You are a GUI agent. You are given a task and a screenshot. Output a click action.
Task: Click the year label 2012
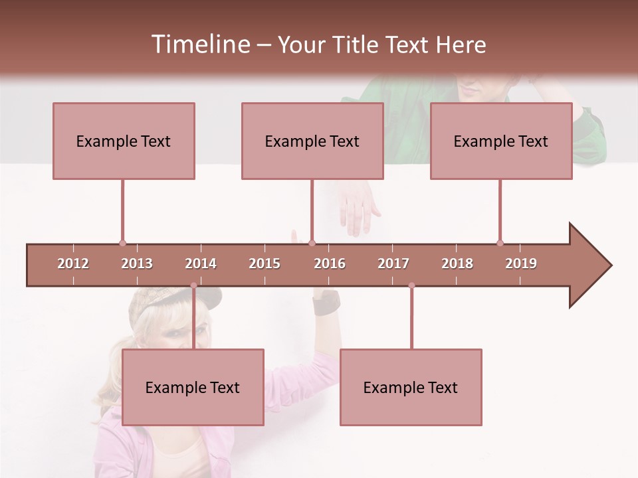click(x=73, y=264)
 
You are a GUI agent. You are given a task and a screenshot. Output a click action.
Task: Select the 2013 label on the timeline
click(x=137, y=264)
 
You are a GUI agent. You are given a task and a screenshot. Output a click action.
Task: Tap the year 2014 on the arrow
click(x=201, y=264)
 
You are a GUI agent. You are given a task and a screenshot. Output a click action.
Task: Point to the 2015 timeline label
click(x=265, y=264)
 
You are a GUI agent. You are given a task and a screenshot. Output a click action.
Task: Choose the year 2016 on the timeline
click(x=330, y=264)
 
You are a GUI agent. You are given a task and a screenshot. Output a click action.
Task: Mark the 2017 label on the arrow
click(x=393, y=264)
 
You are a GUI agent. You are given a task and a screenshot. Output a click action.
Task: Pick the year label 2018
click(x=457, y=264)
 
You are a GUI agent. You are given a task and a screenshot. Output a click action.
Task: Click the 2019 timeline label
click(x=521, y=264)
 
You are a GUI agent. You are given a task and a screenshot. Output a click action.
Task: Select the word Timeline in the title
click(x=199, y=44)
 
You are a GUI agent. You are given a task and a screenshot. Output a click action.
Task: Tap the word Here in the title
click(x=461, y=44)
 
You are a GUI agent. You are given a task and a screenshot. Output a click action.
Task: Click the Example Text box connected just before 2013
click(x=124, y=141)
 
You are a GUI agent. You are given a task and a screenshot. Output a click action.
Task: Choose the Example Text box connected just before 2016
click(x=312, y=141)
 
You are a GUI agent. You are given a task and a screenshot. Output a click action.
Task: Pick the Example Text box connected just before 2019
click(x=501, y=141)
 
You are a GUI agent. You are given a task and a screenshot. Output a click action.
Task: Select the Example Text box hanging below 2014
click(x=193, y=387)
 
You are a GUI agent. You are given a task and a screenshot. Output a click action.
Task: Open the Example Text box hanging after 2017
click(x=411, y=387)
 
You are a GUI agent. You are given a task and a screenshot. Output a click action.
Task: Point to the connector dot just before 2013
click(x=122, y=243)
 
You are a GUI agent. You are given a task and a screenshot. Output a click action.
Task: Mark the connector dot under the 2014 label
click(x=193, y=285)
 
